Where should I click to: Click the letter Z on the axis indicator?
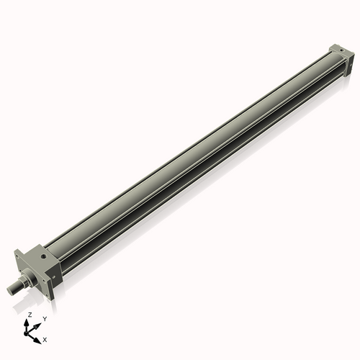30,315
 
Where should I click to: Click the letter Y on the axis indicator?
45,318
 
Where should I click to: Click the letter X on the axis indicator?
45,338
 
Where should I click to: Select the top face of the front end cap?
40,253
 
